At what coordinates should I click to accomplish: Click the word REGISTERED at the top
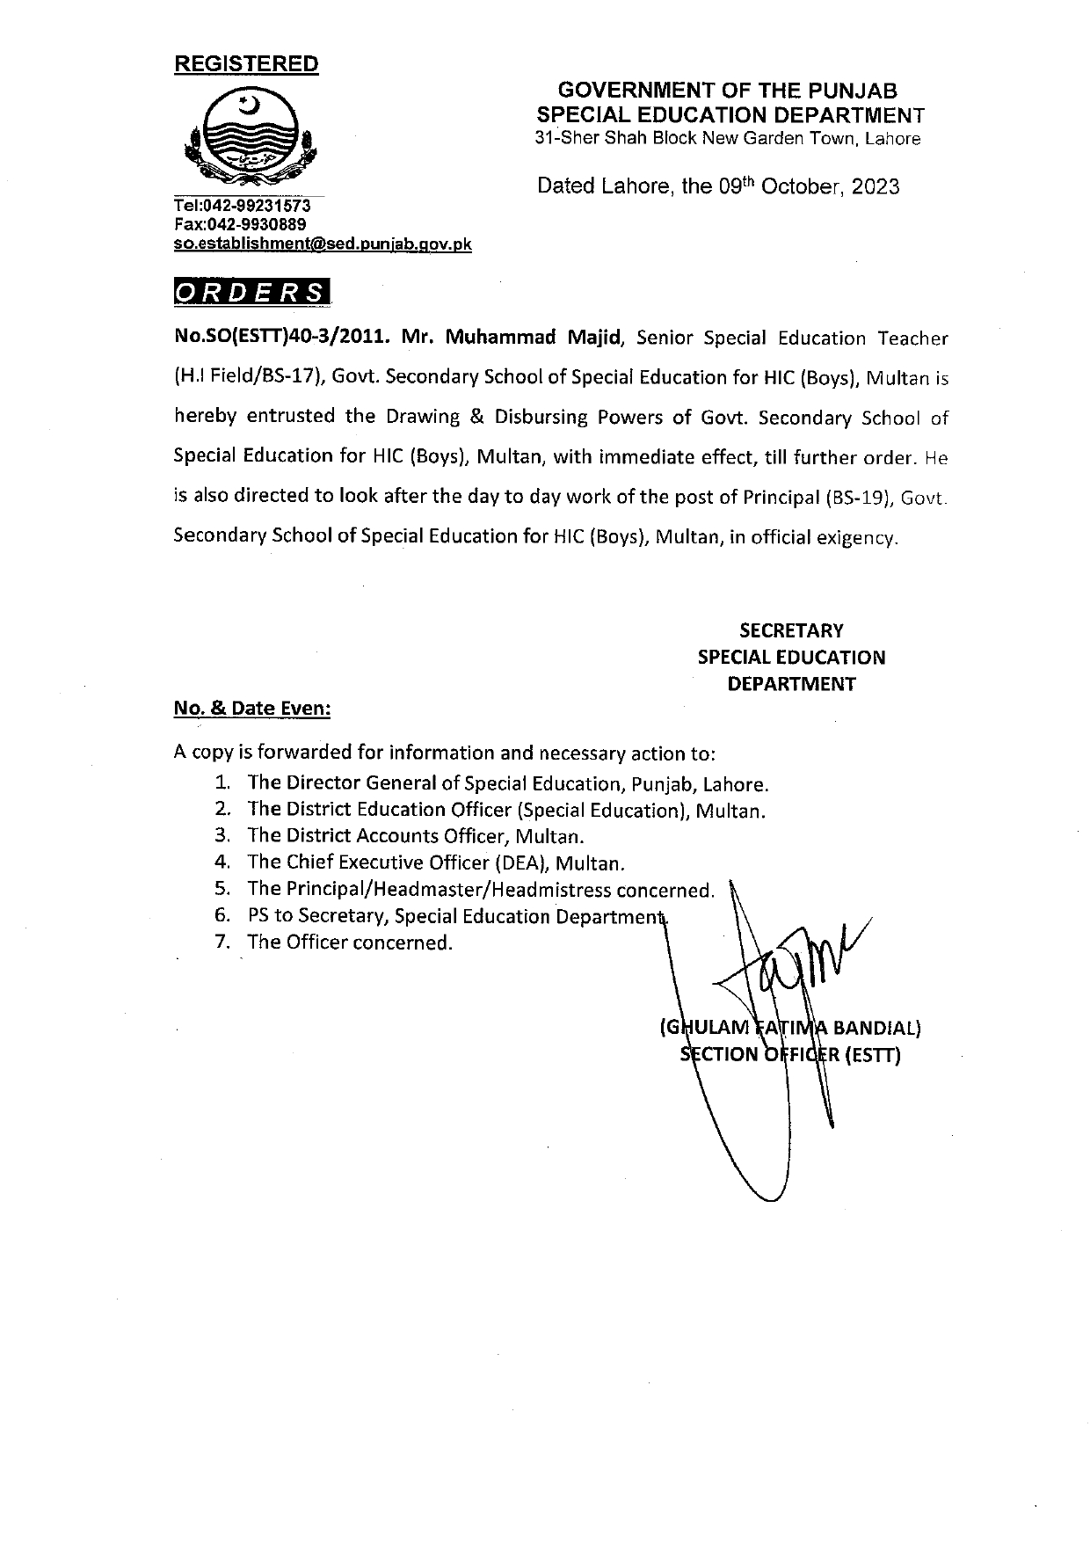point(246,64)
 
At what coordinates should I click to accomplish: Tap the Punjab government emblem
point(248,138)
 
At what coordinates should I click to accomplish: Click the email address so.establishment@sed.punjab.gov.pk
point(323,244)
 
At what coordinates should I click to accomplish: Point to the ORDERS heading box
point(252,293)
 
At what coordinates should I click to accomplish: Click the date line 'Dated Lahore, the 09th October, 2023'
point(718,186)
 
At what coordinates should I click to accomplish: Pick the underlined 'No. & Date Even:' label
point(252,710)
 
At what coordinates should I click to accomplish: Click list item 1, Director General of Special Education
point(508,783)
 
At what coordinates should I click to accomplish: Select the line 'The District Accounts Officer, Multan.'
point(415,836)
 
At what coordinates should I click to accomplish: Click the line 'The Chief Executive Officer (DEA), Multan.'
point(436,863)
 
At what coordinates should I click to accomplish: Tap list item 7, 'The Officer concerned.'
point(350,943)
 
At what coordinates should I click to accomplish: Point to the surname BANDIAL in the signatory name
point(876,1028)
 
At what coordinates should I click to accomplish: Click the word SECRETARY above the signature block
point(791,630)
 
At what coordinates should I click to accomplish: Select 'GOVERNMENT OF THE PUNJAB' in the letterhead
point(729,91)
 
